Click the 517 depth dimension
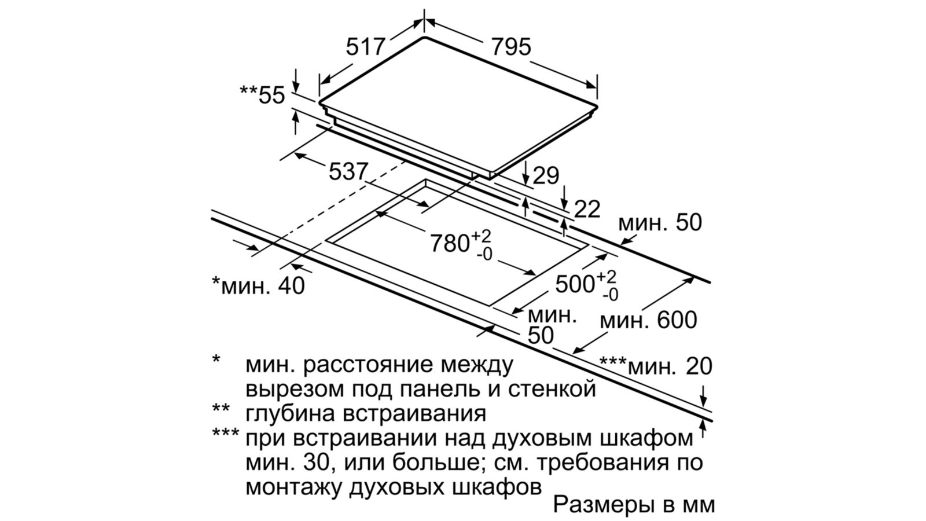[x=365, y=47]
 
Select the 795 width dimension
[x=510, y=47]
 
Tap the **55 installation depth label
[x=263, y=95]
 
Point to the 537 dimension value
[x=348, y=171]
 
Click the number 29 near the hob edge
[x=546, y=175]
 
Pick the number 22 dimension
[x=587, y=209]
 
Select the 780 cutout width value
[x=450, y=244]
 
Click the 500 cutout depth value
[x=575, y=284]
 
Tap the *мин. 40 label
[x=258, y=285]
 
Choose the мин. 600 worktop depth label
[x=648, y=320]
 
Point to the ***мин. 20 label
[x=656, y=366]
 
